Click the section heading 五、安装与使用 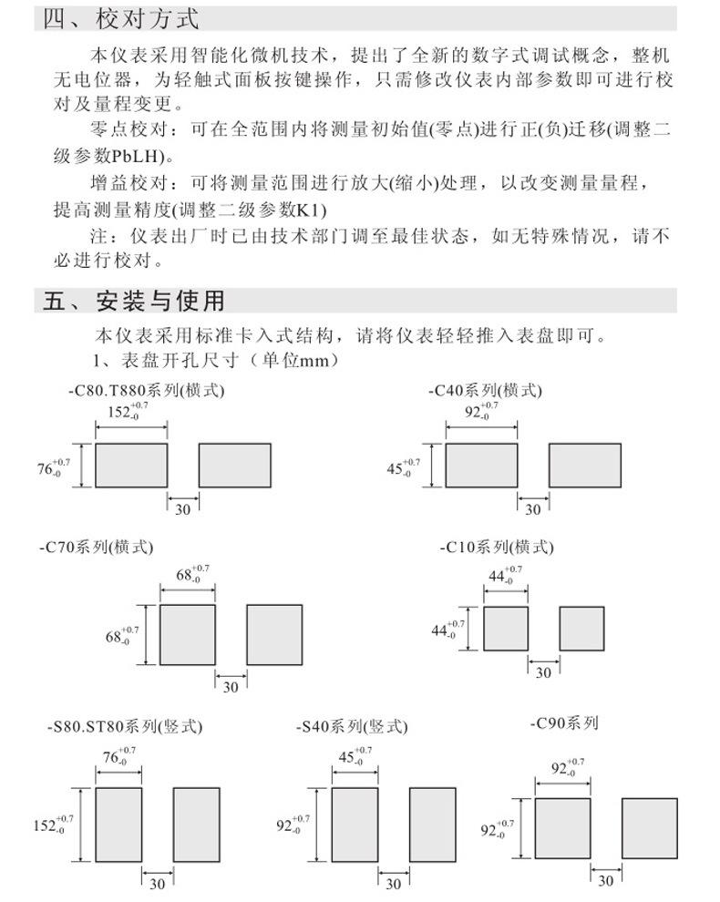(x=133, y=301)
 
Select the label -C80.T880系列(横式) (x=145, y=390)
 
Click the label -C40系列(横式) (x=485, y=390)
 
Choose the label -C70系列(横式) (x=97, y=548)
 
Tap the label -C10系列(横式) (x=497, y=548)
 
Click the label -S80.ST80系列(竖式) (x=125, y=727)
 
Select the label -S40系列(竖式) (x=352, y=727)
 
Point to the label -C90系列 (x=564, y=723)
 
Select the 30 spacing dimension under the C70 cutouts (x=230, y=688)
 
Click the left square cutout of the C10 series (x=506, y=629)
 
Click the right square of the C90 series (x=649, y=827)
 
